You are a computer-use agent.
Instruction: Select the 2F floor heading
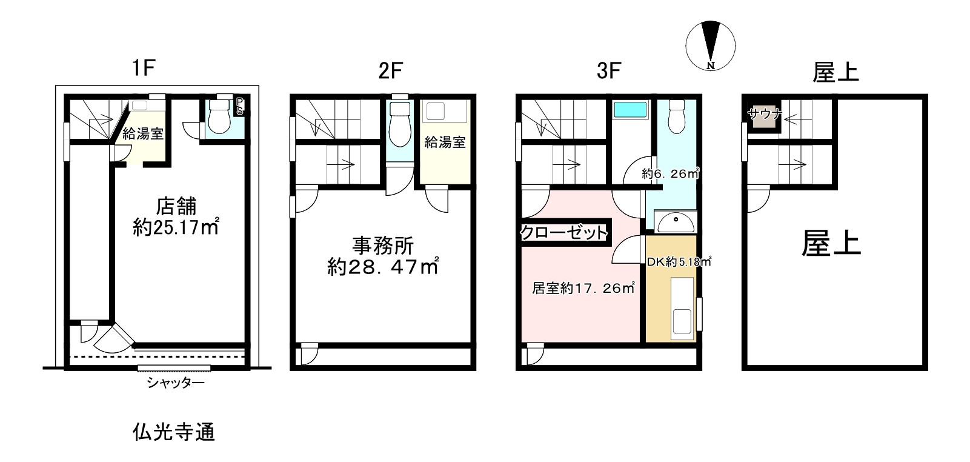pyautogui.click(x=390, y=72)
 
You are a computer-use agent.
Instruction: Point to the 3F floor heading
pyautogui.click(x=608, y=72)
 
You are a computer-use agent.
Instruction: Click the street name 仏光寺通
pyautogui.click(x=173, y=432)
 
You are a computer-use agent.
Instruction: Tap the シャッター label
pyautogui.click(x=175, y=383)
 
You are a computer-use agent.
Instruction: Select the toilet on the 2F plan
pyautogui.click(x=399, y=123)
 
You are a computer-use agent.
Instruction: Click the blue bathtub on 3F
pyautogui.click(x=630, y=110)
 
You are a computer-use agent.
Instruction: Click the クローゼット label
pyautogui.click(x=564, y=232)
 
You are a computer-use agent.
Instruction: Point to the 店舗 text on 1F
pyautogui.click(x=176, y=207)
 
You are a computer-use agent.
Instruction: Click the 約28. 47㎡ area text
pyautogui.click(x=382, y=267)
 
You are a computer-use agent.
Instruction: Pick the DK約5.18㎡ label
pyautogui.click(x=678, y=263)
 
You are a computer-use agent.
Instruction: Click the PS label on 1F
pyautogui.click(x=240, y=107)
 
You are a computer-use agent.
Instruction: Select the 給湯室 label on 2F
pyautogui.click(x=445, y=142)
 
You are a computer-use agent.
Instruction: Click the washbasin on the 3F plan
pyautogui.click(x=676, y=223)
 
